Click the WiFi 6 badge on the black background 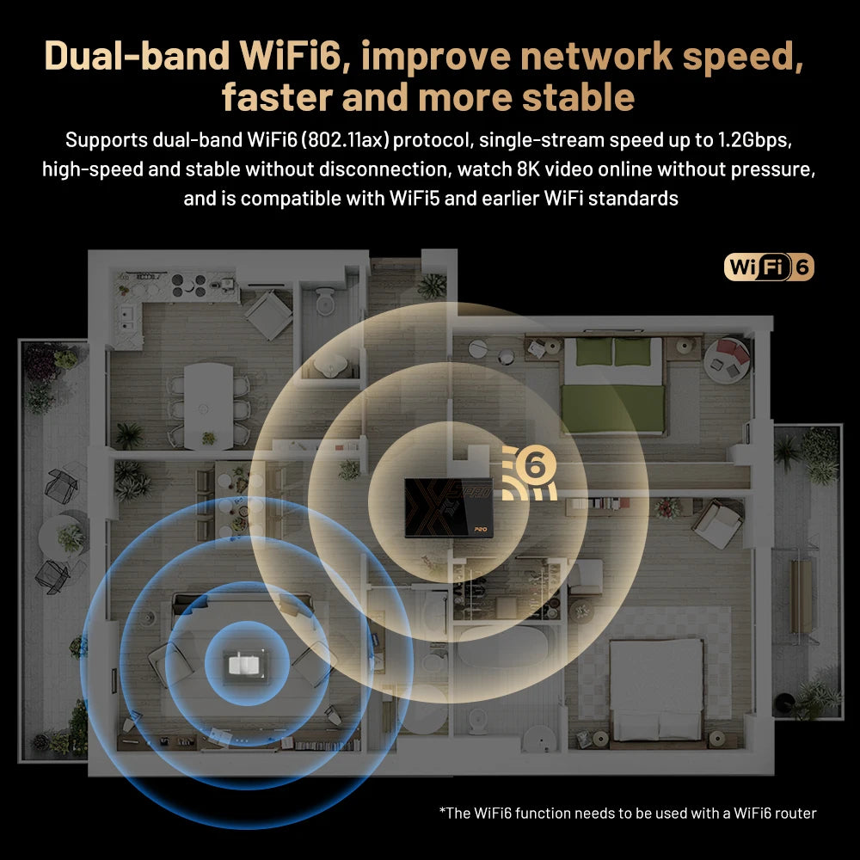click(769, 267)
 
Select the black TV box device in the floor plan click(448, 508)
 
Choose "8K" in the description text click(538, 169)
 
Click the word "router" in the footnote click(793, 813)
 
